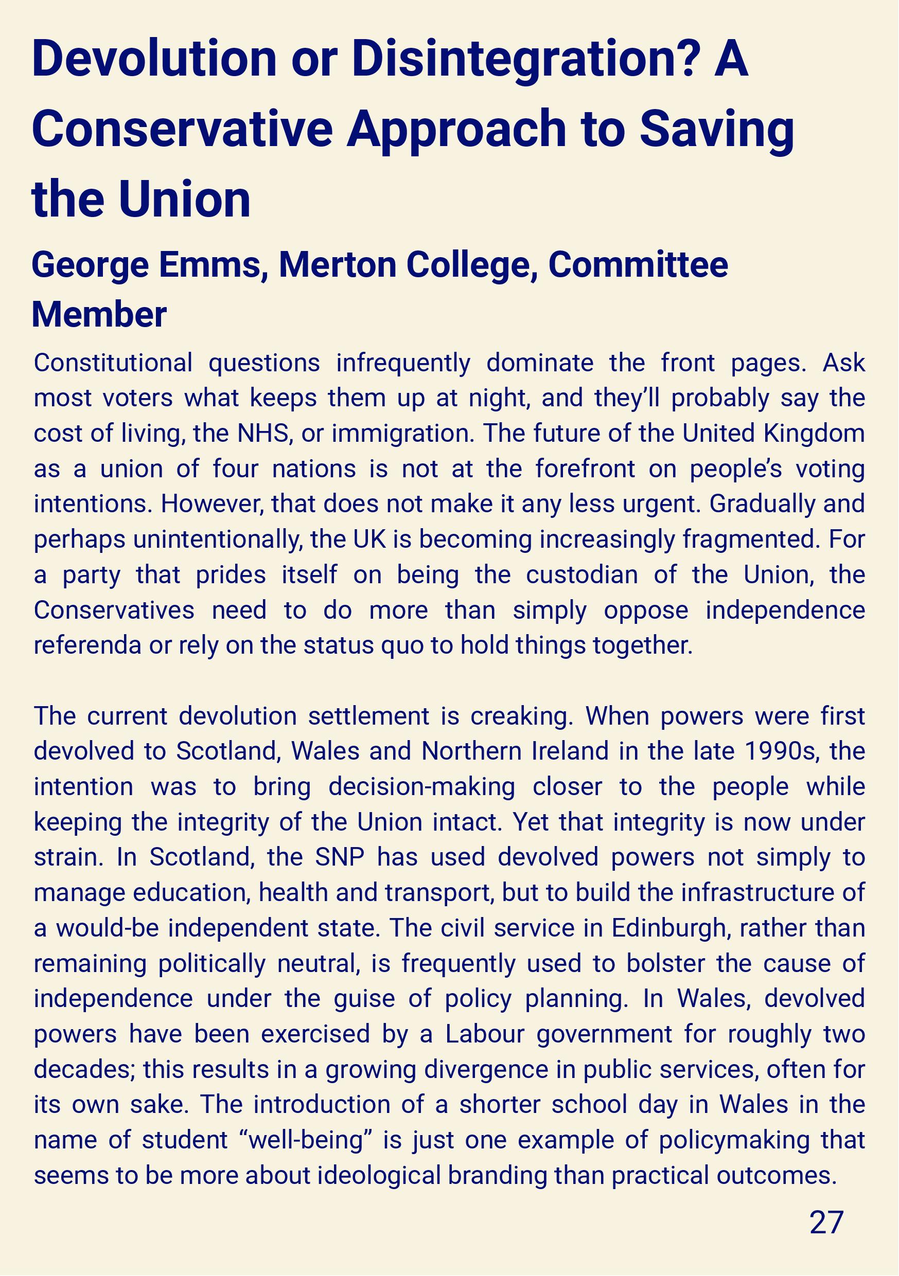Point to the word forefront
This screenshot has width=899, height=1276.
click(586, 469)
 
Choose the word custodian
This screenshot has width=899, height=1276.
click(582, 575)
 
